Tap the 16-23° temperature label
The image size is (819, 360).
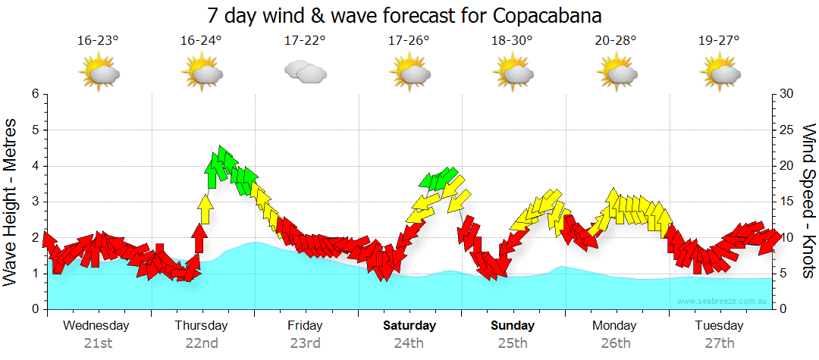(98, 42)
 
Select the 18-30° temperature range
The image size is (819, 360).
(513, 42)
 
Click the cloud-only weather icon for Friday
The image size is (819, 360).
(305, 73)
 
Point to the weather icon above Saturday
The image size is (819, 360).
(410, 74)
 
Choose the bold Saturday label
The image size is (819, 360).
(409, 326)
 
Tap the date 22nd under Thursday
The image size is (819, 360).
(201, 343)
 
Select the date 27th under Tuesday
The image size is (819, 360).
(720, 343)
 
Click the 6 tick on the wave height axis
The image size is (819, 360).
(35, 94)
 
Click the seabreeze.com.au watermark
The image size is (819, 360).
(723, 302)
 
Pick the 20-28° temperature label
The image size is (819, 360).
(616, 42)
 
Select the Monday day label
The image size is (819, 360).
(615, 326)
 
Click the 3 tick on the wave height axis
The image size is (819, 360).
(35, 202)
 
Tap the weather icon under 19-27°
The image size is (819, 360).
(720, 74)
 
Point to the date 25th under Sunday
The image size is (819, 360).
(513, 343)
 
